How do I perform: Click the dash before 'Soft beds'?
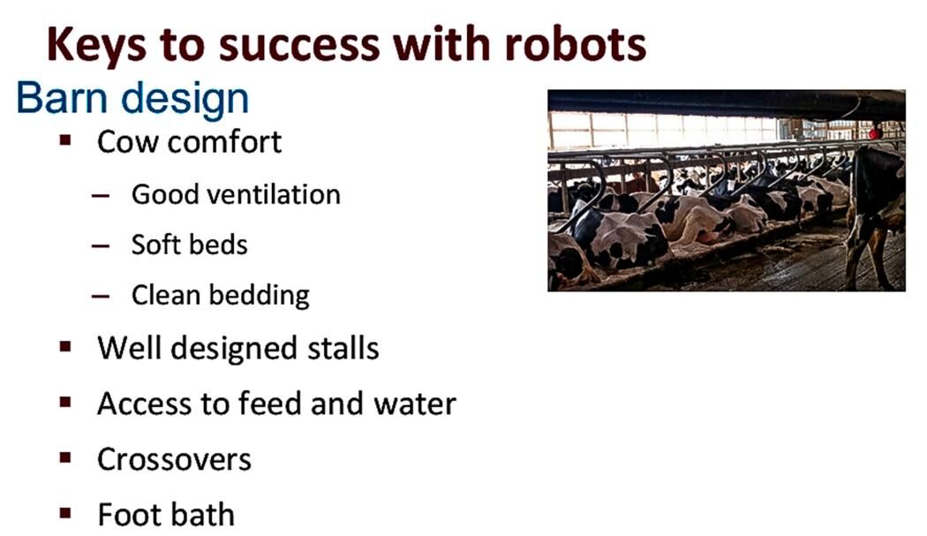point(100,245)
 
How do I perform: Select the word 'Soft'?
point(155,244)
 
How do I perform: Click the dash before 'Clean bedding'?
point(100,296)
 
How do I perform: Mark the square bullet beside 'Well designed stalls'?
point(64,347)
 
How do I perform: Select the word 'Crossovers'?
point(174,459)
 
